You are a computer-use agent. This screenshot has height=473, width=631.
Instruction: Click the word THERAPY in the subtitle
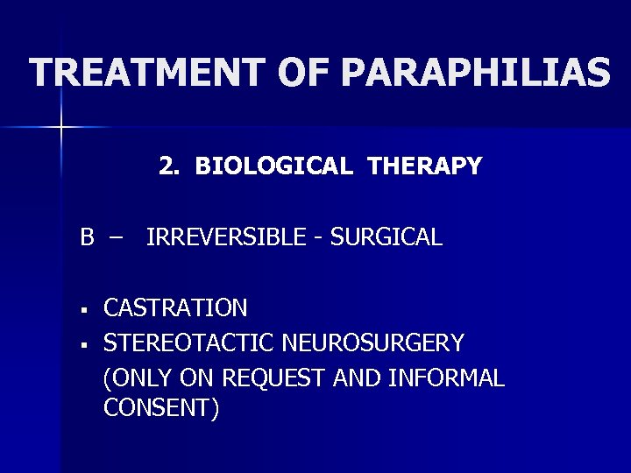coord(425,166)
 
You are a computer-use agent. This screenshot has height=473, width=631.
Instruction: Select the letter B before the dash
coord(88,236)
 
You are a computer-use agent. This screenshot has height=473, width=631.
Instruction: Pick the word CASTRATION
coord(175,308)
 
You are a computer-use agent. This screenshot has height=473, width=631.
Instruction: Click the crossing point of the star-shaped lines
coord(61,128)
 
